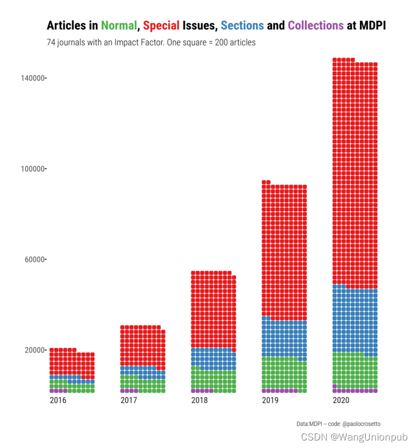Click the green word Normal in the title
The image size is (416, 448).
click(119, 25)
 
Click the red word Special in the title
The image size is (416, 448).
click(161, 25)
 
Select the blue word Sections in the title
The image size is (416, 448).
click(242, 25)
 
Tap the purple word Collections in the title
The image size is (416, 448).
click(315, 25)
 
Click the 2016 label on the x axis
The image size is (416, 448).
click(58, 400)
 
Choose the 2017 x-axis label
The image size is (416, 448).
click(129, 400)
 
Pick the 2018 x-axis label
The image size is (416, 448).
click(199, 400)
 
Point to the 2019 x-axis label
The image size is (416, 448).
click(270, 400)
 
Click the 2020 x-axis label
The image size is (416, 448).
click(341, 400)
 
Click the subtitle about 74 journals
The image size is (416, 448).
click(151, 43)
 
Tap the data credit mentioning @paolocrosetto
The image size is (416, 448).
click(338, 424)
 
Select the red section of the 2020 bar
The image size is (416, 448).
click(355, 173)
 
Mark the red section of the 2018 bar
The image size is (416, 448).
click(213, 309)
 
